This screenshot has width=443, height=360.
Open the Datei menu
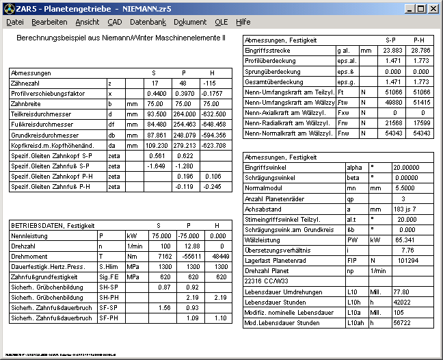tap(15, 22)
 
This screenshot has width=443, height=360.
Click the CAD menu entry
tap(114, 22)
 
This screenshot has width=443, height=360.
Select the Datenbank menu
tap(148, 22)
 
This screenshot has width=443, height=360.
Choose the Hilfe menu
tap(243, 22)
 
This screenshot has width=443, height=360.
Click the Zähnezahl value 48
tap(183, 83)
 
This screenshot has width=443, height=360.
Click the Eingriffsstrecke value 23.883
tap(390, 51)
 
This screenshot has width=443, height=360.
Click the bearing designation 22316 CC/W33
tap(267, 281)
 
